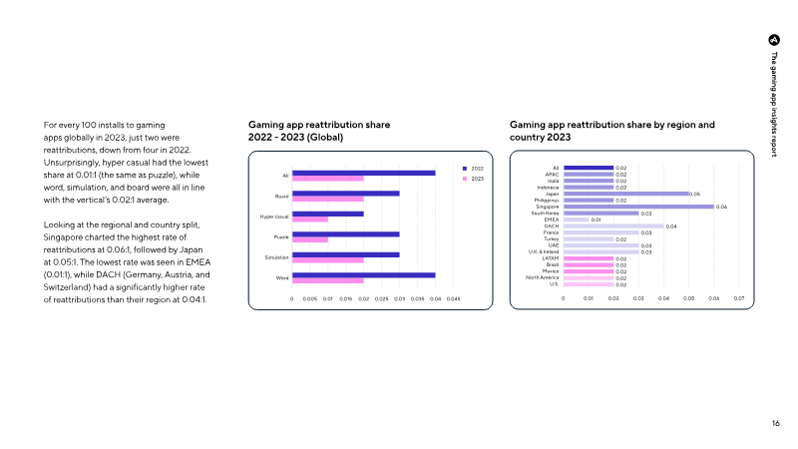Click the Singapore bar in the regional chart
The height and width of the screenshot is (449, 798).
tap(637, 207)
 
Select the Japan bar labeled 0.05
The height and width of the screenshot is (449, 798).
tap(625, 194)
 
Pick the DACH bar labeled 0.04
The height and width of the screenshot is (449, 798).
tap(612, 225)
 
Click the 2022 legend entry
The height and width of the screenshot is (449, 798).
tap(472, 169)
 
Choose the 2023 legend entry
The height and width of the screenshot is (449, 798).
tap(472, 179)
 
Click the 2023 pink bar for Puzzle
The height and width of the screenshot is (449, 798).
tap(309, 239)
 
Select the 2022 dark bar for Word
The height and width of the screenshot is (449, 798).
tap(363, 274)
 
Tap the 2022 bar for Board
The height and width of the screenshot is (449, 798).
tap(345, 194)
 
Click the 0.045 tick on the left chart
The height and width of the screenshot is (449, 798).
tap(452, 297)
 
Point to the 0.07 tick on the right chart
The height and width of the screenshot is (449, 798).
tap(739, 297)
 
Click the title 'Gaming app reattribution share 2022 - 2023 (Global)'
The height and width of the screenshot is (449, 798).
tap(318, 131)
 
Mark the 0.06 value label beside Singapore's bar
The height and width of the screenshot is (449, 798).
tap(721, 207)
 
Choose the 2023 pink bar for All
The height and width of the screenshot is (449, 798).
tap(327, 179)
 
